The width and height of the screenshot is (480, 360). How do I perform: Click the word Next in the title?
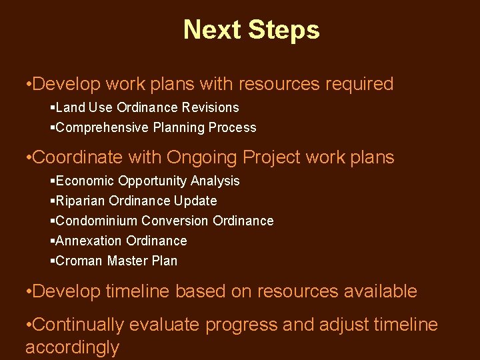point(211,30)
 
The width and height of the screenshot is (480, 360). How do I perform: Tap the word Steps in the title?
point(283,31)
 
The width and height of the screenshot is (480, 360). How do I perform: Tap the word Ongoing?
point(202,158)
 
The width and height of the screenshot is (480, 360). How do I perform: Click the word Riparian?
point(79,201)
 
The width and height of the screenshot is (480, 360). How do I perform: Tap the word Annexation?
point(89,241)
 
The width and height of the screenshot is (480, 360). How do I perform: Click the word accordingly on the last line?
point(72,348)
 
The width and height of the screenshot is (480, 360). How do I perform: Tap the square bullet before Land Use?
point(53,107)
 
